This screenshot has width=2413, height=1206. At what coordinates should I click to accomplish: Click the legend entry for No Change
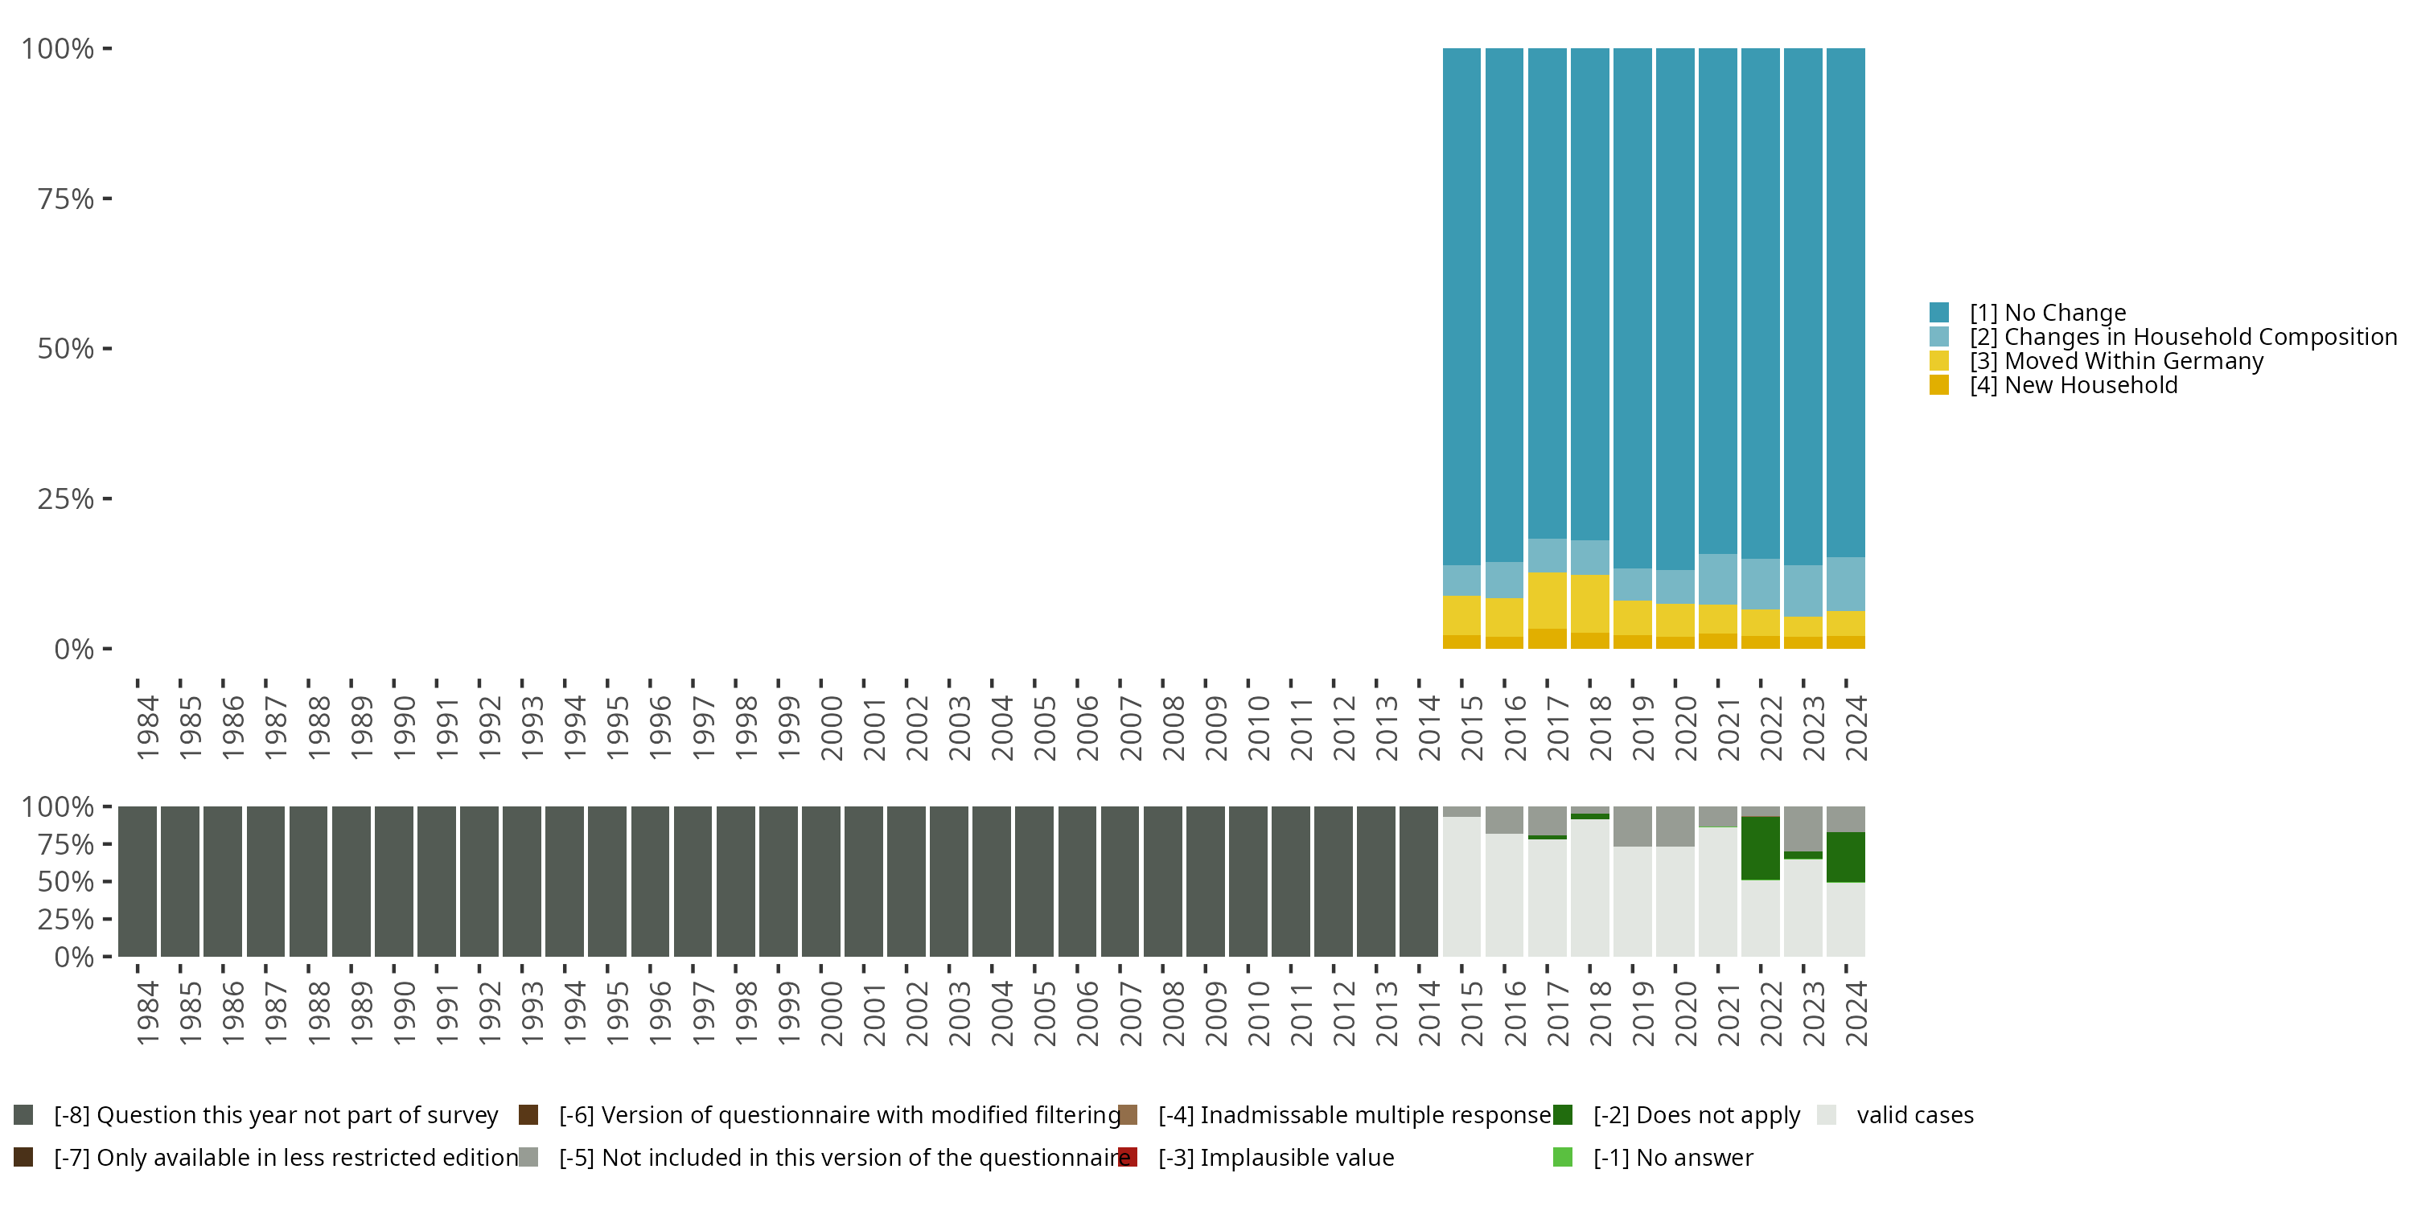point(2047,313)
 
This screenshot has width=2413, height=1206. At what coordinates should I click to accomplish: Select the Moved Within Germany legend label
point(2115,362)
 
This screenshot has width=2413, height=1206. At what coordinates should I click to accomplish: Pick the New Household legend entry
point(2072,386)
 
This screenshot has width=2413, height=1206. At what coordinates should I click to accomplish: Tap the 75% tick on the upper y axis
point(66,199)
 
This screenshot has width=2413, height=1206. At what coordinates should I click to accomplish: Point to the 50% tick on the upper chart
point(66,348)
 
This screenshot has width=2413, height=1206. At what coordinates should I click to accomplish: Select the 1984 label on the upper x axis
point(147,728)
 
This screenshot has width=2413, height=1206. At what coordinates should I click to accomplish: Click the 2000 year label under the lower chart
point(831,1013)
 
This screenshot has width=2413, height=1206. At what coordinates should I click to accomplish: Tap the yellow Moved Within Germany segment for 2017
point(1548,601)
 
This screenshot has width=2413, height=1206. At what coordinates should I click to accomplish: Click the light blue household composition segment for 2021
point(1718,579)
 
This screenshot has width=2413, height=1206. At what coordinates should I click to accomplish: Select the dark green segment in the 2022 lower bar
point(1760,848)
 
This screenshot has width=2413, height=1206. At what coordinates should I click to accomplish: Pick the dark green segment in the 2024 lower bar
point(1845,857)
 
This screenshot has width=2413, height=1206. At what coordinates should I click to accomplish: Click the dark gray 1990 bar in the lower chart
point(393,881)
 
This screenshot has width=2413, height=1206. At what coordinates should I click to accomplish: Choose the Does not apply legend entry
point(1696,1115)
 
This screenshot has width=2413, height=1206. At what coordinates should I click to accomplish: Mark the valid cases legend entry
point(1914,1115)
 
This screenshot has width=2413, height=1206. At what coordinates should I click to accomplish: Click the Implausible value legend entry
point(1275,1157)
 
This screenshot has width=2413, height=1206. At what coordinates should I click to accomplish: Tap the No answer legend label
point(1672,1157)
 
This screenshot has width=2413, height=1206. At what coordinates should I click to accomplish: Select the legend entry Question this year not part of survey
point(274,1115)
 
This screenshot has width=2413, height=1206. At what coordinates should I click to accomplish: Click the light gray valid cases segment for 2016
point(1504,894)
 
